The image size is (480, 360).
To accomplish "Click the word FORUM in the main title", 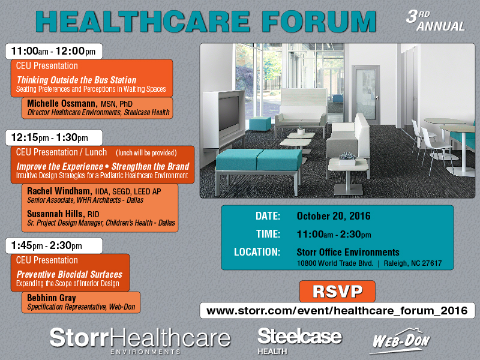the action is tap(319, 22).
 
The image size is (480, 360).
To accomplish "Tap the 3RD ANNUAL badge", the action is tap(436, 21).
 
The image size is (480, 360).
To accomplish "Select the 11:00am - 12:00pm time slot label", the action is tap(53, 51).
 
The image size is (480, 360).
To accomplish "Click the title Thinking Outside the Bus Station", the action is tap(76, 80).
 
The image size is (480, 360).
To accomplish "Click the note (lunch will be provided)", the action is tap(146, 153).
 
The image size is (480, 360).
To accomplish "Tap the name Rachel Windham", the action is tap(59, 191).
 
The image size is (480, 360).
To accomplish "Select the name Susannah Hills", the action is tap(56, 214).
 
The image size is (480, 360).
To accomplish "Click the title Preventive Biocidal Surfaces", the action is tap(69, 274).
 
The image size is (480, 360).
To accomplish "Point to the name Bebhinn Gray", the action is tap(52, 298).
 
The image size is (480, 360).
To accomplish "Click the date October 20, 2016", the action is tap(334, 216).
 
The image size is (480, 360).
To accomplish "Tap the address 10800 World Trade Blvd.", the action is tap(335, 263).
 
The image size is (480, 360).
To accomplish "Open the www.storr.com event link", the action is tap(337, 311).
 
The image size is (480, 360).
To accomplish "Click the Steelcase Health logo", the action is tap(299, 340).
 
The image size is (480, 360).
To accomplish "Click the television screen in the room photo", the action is tap(229, 113).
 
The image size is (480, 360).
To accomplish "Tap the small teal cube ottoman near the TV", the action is tap(260, 124).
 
